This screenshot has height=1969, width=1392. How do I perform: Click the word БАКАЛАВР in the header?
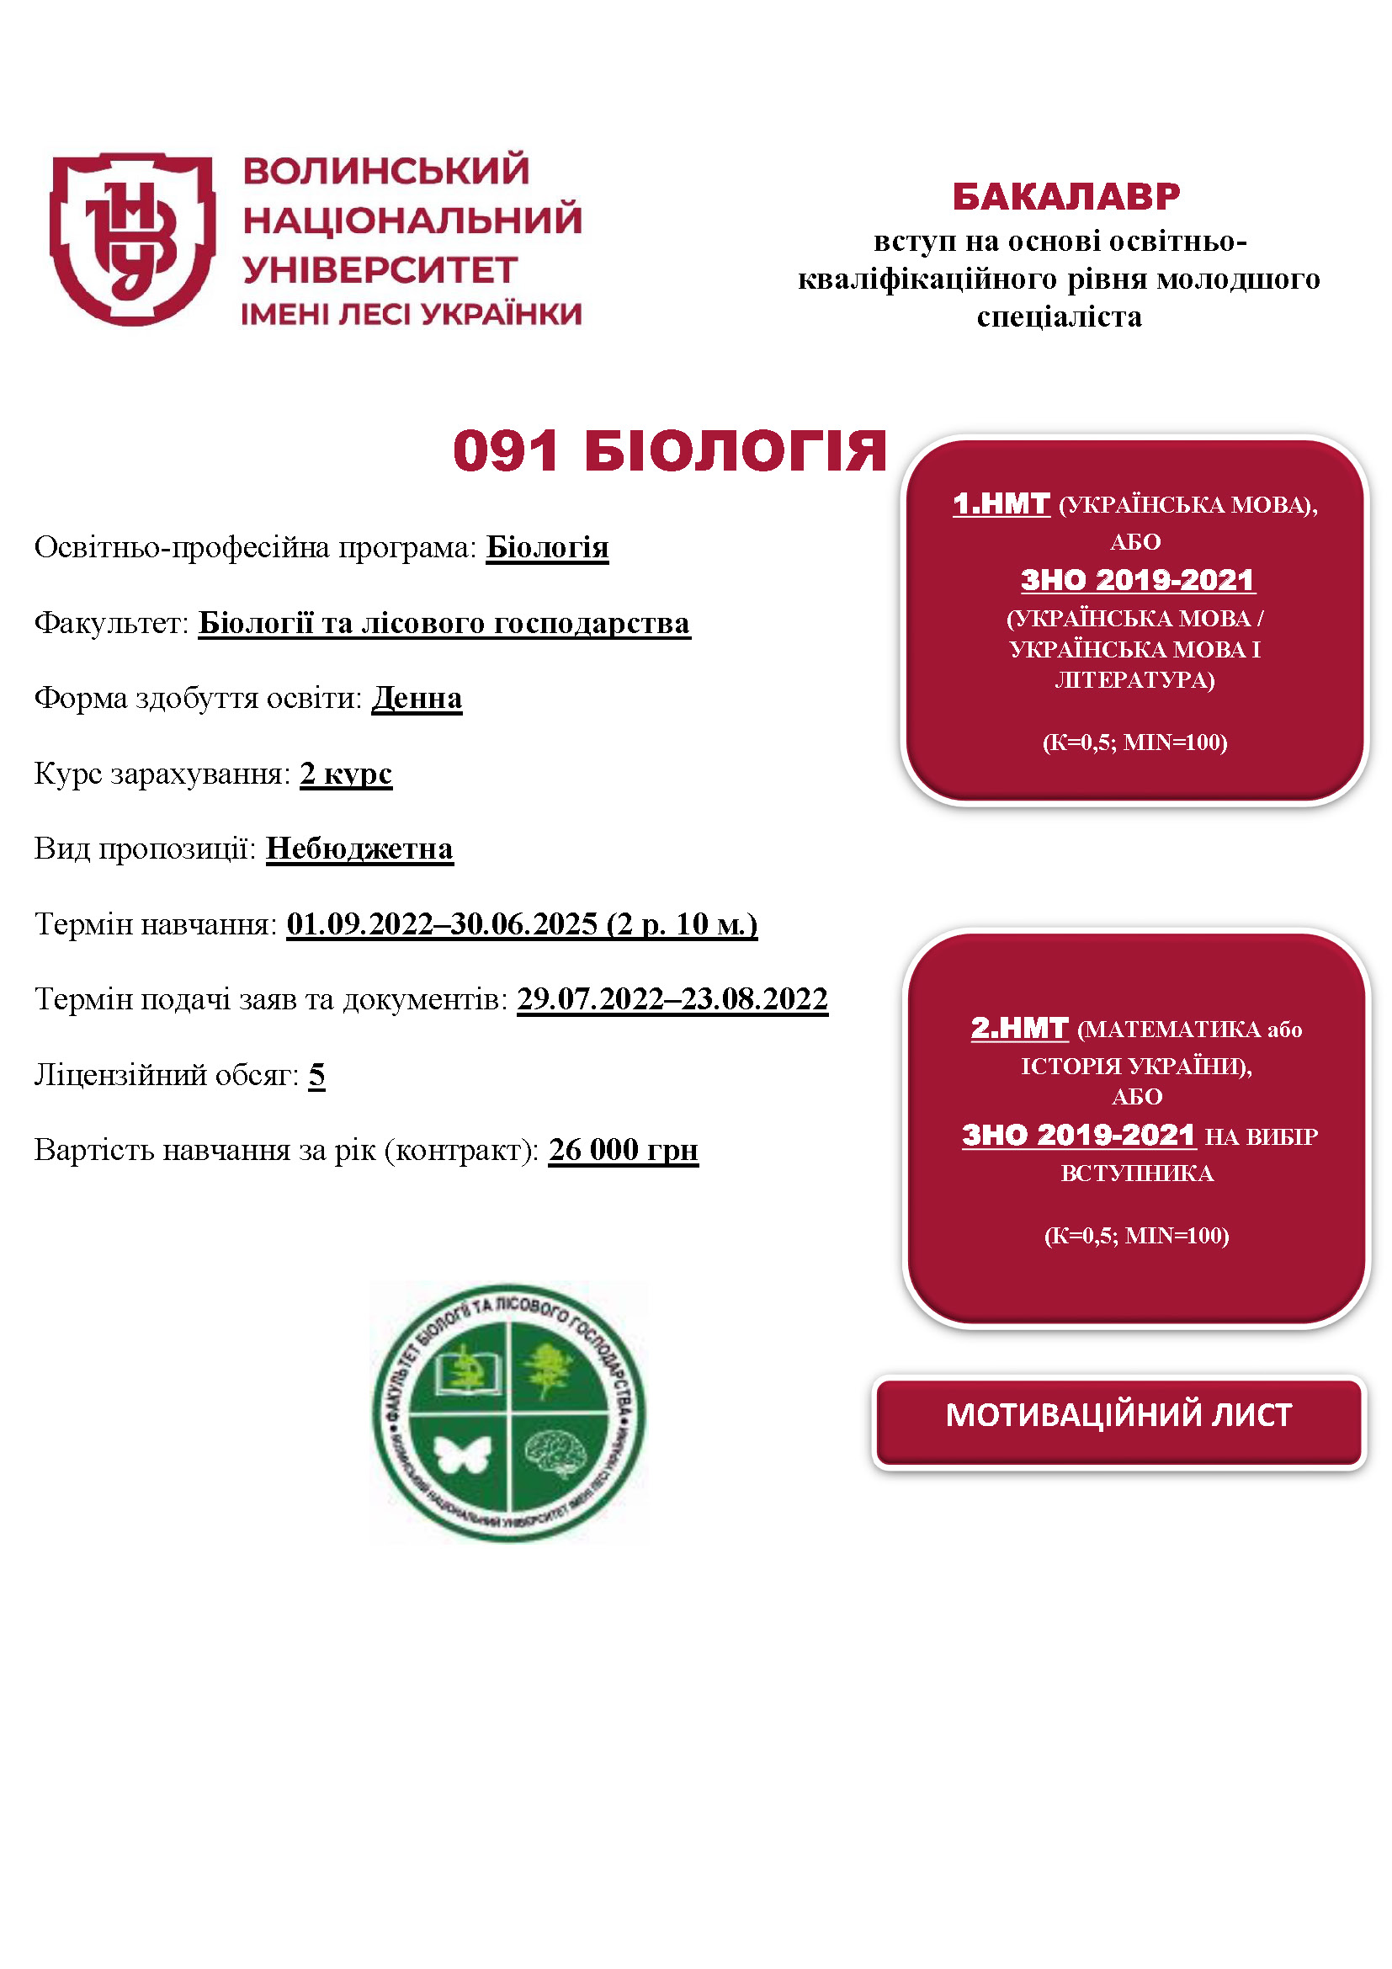1065,196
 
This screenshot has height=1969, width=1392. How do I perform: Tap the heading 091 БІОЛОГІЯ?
669,451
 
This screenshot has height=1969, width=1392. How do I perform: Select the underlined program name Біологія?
547,547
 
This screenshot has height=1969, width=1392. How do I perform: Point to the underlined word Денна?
417,698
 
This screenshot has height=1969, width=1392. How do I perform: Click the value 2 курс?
345,774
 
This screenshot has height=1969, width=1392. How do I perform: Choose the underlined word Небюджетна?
359,849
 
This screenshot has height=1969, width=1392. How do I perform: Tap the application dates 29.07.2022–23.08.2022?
672,999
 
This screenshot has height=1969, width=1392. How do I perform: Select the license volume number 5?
316,1074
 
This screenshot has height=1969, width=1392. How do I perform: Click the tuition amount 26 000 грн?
623,1150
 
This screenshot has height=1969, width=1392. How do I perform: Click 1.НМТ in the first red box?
1001,503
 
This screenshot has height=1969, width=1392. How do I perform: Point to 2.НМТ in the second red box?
1019,1027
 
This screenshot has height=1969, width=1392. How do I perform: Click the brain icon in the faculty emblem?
557,1453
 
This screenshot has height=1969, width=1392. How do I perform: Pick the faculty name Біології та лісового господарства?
444,623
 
